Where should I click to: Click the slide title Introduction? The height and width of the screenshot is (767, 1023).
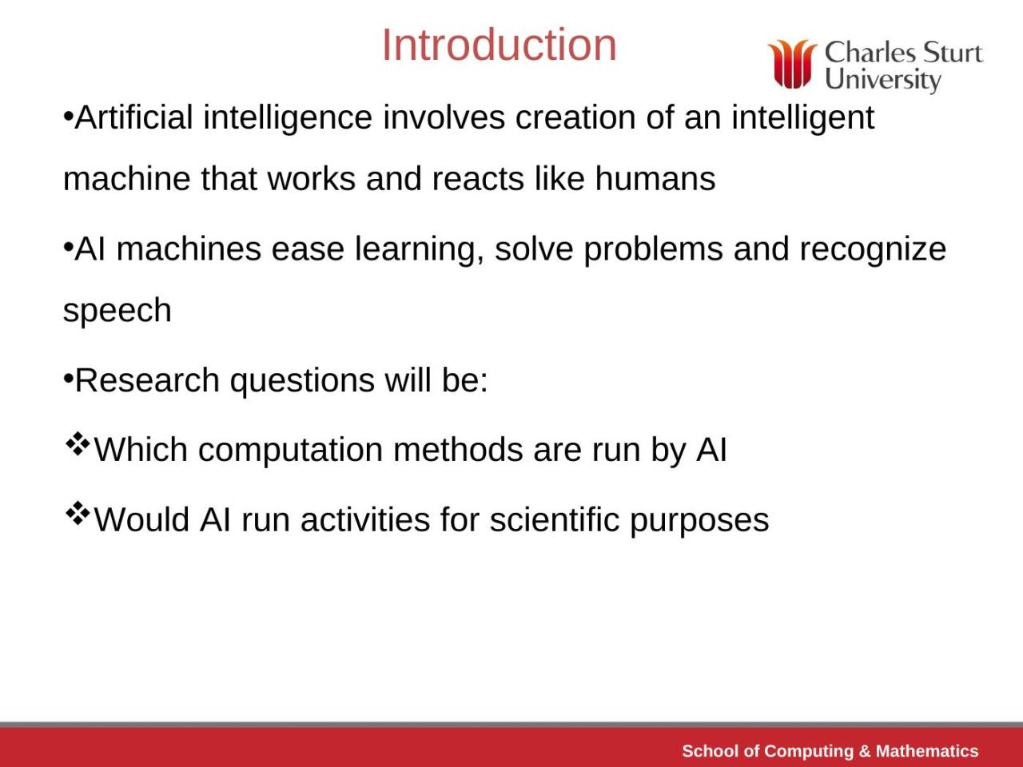click(x=499, y=45)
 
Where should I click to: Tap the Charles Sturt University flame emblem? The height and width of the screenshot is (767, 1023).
click(x=792, y=64)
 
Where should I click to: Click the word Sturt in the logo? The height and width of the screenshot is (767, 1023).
click(x=953, y=53)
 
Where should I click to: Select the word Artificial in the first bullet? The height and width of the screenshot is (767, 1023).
click(x=134, y=118)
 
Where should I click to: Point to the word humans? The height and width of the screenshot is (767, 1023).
click(x=655, y=178)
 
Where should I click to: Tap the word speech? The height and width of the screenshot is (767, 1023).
click(x=117, y=311)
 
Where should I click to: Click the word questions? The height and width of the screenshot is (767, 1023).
click(x=302, y=381)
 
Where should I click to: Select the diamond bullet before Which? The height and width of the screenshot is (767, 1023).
click(x=77, y=443)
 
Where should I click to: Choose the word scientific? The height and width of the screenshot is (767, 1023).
click(x=555, y=520)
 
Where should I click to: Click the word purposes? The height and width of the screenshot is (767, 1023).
click(x=699, y=521)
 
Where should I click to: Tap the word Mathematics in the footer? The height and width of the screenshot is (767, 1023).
click(x=927, y=751)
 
